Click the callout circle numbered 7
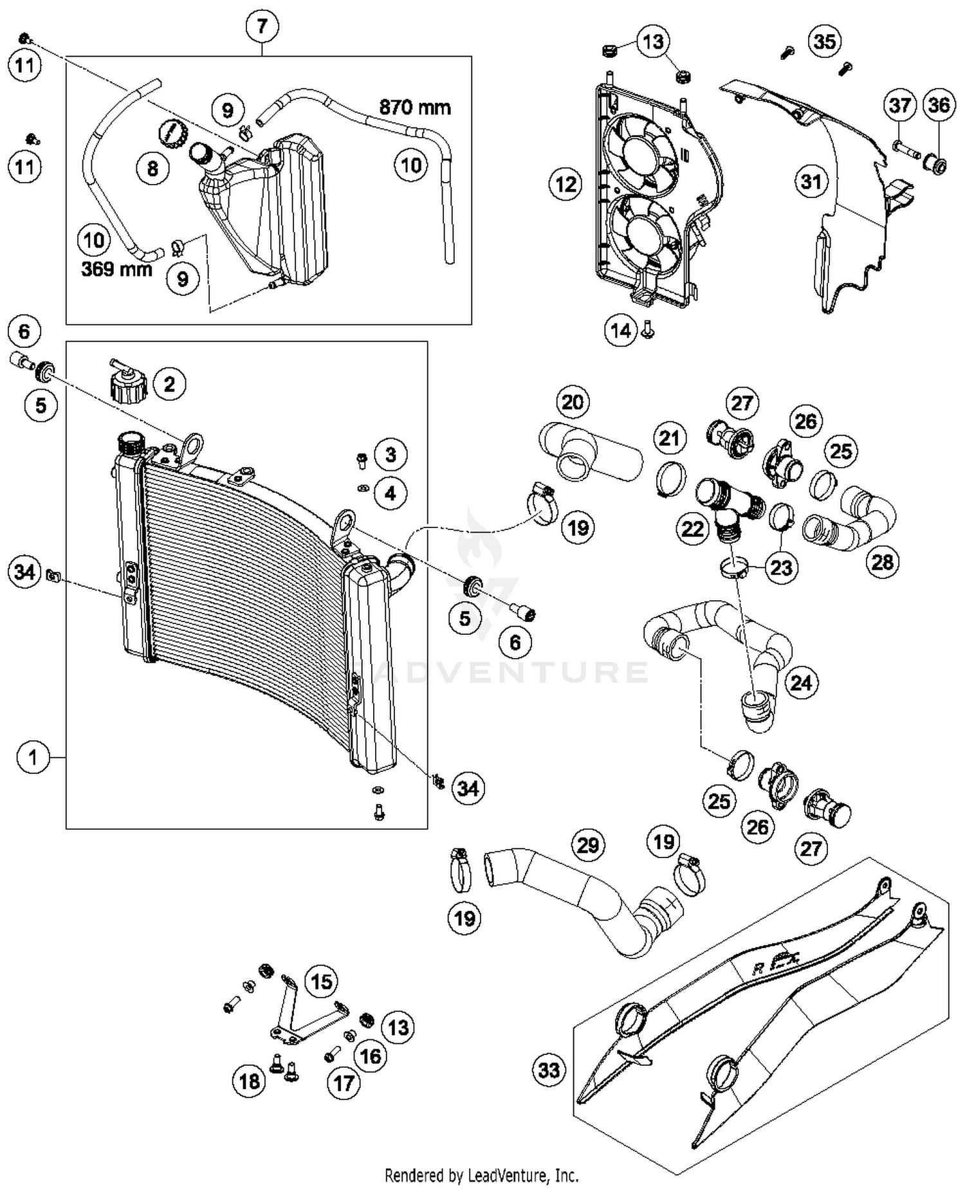262,26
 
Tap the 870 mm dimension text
415,107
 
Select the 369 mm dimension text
116,268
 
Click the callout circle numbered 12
565,185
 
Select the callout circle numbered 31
811,182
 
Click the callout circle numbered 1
33,757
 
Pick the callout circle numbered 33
549,1070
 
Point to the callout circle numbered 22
692,529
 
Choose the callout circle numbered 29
588,845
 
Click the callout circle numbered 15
321,981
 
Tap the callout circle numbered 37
900,105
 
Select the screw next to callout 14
648,331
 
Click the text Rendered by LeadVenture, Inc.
481,1176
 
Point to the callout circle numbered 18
249,1081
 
